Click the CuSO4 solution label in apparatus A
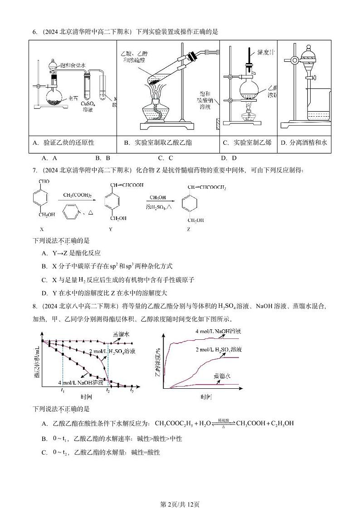coord(88,107)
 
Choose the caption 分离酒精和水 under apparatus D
coord(304,142)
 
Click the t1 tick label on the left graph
coord(63,391)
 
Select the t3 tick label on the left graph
coord(132,391)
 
